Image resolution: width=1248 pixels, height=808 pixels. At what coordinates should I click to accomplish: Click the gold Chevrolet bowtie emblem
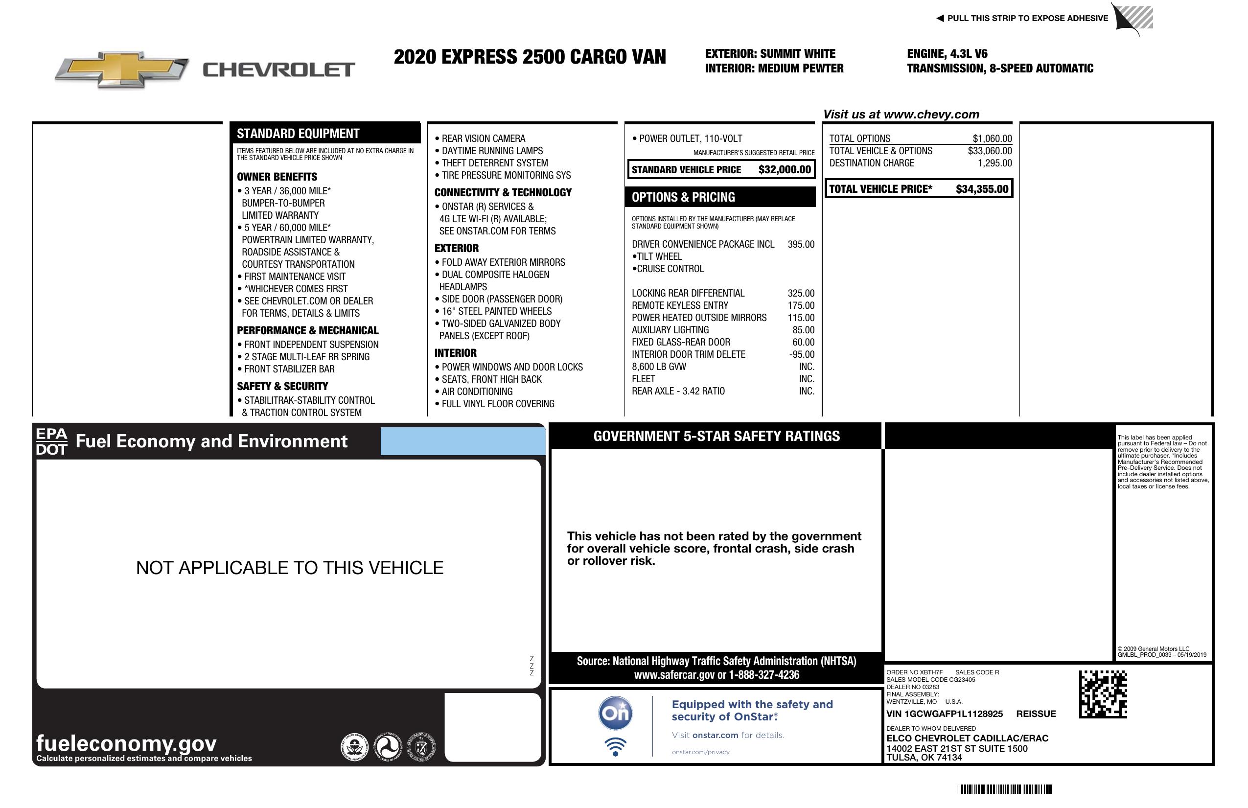coord(122,69)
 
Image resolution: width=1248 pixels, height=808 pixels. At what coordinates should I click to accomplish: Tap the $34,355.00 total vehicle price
coord(982,189)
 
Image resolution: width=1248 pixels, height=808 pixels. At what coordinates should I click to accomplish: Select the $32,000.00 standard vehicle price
coord(785,170)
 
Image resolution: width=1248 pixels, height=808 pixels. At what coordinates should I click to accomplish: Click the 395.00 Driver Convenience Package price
coord(801,244)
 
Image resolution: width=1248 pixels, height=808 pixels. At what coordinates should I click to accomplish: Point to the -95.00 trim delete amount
coord(802,354)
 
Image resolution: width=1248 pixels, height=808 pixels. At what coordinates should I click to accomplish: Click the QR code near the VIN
coord(1103,694)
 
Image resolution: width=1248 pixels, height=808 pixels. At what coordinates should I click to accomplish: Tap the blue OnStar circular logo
coord(615,714)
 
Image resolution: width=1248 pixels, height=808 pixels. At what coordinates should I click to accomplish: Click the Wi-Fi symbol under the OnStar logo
coord(615,747)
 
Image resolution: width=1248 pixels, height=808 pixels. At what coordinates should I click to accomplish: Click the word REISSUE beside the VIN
coord(1036,714)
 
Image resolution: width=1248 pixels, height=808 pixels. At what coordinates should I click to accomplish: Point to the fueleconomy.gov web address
coord(126,743)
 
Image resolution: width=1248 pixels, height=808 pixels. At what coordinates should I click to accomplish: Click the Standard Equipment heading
coord(298,134)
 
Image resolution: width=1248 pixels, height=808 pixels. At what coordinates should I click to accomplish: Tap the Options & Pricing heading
coord(683,197)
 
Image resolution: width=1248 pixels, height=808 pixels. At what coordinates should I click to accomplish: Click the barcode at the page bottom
coord(1004,789)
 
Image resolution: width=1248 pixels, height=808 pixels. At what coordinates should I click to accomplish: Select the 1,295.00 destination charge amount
coord(994,163)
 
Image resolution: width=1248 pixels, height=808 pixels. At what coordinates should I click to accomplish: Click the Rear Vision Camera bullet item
coord(483,139)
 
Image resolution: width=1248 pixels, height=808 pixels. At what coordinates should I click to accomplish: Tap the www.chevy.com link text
coord(931,115)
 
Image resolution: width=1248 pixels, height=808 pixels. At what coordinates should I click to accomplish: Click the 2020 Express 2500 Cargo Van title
coord(530,57)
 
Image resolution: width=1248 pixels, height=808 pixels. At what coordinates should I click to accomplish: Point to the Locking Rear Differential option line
coord(688,293)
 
